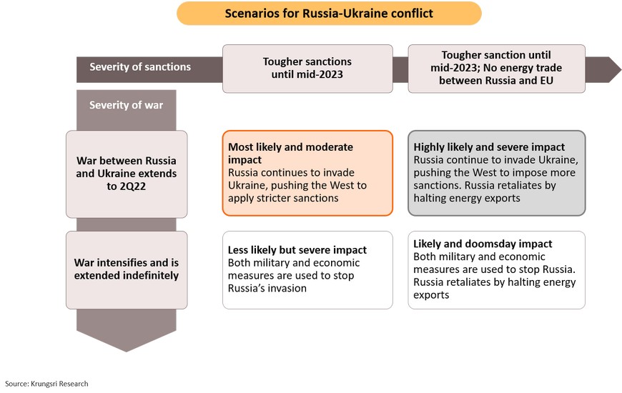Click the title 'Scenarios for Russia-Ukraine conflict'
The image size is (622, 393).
(329, 13)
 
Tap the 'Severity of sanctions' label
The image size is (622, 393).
(140, 66)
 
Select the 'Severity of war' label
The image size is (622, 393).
(126, 105)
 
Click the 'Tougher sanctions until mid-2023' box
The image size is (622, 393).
(307, 68)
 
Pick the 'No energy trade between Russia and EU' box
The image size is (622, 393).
(496, 68)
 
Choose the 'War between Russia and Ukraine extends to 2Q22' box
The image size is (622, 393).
(127, 174)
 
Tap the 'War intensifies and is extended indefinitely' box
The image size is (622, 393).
(127, 269)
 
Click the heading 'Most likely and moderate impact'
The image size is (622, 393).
(290, 153)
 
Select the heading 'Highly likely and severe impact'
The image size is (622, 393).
(489, 147)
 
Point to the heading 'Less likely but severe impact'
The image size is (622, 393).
(297, 250)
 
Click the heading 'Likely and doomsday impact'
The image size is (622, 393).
(483, 244)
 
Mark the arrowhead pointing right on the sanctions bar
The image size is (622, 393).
(603, 69)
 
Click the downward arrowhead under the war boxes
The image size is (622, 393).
(126, 331)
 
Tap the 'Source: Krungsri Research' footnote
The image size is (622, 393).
(46, 384)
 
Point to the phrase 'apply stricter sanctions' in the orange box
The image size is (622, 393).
(283, 198)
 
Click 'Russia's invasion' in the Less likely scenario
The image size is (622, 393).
(267, 288)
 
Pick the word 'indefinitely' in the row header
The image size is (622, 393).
(152, 275)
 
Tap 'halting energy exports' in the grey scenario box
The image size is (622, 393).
(466, 198)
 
